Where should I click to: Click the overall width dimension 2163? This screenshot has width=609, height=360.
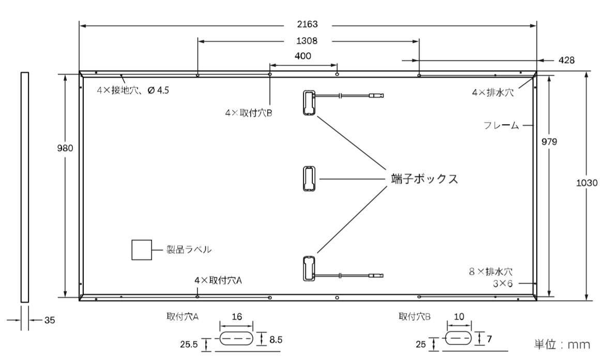pyautogui.click(x=307, y=24)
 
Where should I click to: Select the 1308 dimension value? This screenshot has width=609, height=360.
pyautogui.click(x=307, y=41)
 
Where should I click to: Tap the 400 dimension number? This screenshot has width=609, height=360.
pyautogui.click(x=302, y=56)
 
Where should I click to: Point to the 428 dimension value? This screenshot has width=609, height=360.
pyautogui.click(x=566, y=61)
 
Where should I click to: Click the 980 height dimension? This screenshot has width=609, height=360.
pyautogui.click(x=65, y=148)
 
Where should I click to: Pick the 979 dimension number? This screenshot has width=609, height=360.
pyautogui.click(x=549, y=142)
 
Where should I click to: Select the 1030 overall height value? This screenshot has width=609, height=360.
pyautogui.click(x=586, y=183)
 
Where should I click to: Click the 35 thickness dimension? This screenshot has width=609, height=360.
pyautogui.click(x=50, y=320)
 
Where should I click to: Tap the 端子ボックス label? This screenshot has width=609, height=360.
pyautogui.click(x=424, y=179)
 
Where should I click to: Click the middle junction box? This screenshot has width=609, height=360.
pyautogui.click(x=309, y=179)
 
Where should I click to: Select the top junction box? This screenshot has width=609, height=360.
pyautogui.click(x=309, y=103)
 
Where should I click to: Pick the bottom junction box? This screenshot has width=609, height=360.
pyautogui.click(x=309, y=268)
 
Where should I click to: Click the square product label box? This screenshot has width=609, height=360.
pyautogui.click(x=142, y=250)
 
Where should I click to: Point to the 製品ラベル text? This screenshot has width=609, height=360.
pyautogui.click(x=189, y=249)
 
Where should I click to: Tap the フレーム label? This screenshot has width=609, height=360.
pyautogui.click(x=501, y=125)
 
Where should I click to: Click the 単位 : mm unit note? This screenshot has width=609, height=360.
pyautogui.click(x=562, y=344)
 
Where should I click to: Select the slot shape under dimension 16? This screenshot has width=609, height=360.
pyautogui.click(x=237, y=338)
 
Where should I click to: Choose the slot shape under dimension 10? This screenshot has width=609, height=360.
pyautogui.click(x=459, y=338)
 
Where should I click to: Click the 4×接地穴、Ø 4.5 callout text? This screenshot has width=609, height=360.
pyautogui.click(x=133, y=90)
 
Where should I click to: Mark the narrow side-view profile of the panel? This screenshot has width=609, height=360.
pyautogui.click(x=24, y=187)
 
